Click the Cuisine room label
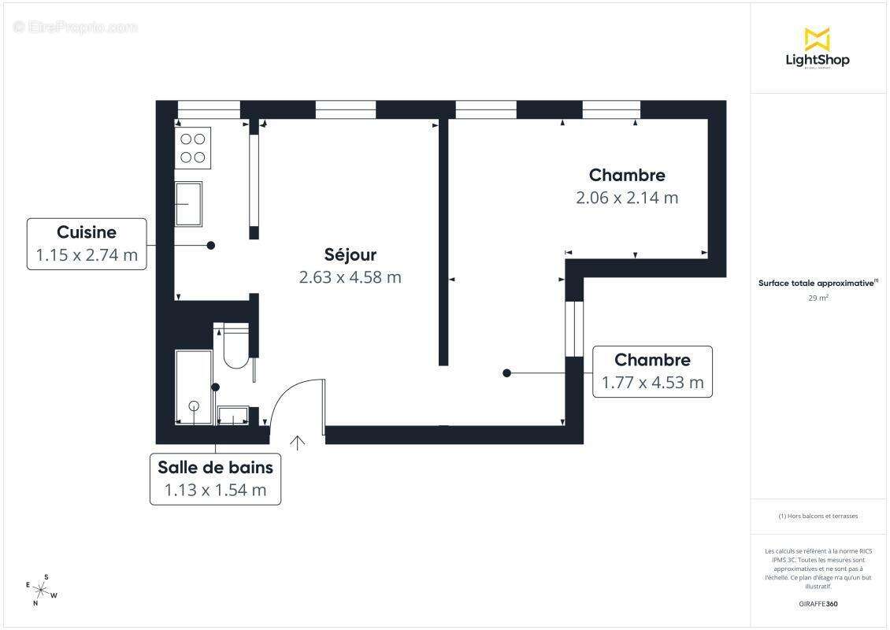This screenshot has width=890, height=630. click(87, 232)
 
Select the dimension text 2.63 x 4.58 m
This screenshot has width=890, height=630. click(350, 277)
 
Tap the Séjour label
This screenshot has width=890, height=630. click(350, 254)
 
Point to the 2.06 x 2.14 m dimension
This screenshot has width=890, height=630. click(627, 198)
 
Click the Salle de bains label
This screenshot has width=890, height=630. click(215, 467)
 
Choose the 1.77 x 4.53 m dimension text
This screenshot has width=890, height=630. click(652, 383)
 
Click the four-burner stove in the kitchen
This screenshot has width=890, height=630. click(193, 148)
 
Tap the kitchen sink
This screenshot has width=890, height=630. click(188, 204)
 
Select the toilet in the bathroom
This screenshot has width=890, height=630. click(235, 349)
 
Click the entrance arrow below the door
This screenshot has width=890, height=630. click(298, 443)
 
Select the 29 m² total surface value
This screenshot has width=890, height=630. click(818, 298)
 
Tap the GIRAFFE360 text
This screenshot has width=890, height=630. click(818, 604)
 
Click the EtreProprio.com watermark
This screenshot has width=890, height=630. click(76, 27)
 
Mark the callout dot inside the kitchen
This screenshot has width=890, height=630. click(211, 246)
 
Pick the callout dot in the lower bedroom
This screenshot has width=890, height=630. click(506, 373)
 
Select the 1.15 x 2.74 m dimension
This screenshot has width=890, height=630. click(87, 255)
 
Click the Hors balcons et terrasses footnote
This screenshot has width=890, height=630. click(818, 517)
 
